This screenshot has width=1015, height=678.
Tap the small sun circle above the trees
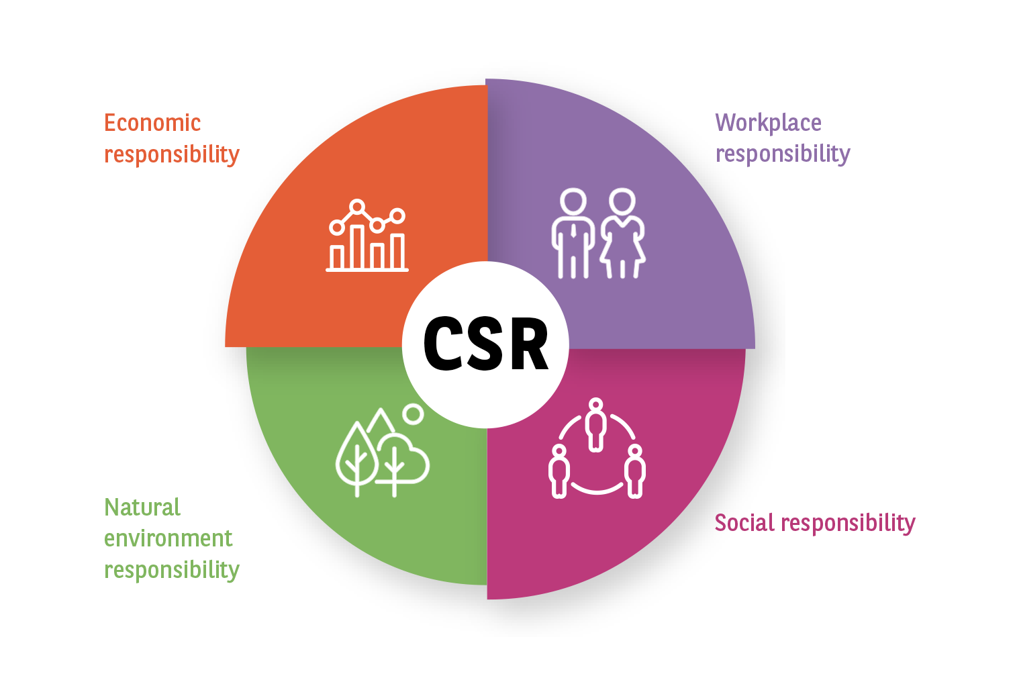(x=414, y=414)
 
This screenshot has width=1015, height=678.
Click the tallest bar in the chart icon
(x=358, y=248)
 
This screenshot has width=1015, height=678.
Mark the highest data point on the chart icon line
(x=357, y=207)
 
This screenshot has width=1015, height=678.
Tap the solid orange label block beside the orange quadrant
(x=171, y=138)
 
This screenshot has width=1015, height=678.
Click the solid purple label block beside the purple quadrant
(x=783, y=138)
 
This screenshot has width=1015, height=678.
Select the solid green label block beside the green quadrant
(x=171, y=539)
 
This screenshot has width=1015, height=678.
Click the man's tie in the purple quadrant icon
(x=573, y=232)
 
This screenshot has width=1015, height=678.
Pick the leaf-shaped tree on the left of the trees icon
(x=356, y=456)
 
